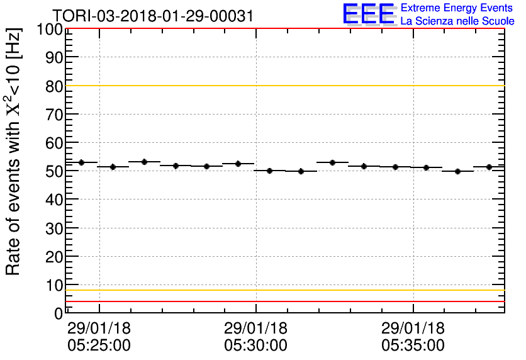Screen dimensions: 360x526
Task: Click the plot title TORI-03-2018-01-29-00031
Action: click(x=153, y=16)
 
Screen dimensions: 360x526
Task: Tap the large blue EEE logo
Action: click(x=369, y=14)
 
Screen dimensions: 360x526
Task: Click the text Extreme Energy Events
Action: click(x=457, y=8)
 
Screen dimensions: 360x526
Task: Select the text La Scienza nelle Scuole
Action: click(x=457, y=21)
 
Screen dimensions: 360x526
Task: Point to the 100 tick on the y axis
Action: click(x=50, y=30)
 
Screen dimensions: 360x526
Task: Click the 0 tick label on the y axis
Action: click(x=57, y=313)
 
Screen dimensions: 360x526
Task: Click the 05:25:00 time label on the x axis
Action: click(x=99, y=345)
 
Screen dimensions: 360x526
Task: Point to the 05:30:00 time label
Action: click(x=255, y=345)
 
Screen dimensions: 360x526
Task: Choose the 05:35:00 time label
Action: click(x=413, y=345)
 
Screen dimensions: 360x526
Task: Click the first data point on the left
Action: click(x=81, y=162)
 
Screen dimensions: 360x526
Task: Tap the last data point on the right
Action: click(x=489, y=167)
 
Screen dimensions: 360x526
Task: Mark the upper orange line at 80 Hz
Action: click(x=283, y=86)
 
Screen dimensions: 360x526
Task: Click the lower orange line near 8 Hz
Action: click(x=283, y=290)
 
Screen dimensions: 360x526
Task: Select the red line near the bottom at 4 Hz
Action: click(x=283, y=301)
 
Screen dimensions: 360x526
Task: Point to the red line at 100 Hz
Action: click(x=283, y=29)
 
